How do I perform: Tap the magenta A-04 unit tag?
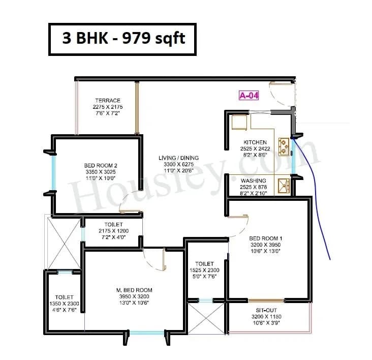[249, 95]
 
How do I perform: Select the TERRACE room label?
[107, 101]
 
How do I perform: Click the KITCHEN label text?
[255, 142]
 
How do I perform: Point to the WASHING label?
[254, 181]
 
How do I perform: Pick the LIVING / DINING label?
[178, 158]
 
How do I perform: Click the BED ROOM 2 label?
[101, 165]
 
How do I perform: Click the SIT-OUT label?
[267, 310]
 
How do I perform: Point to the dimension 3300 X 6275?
[178, 165]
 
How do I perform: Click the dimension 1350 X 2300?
[65, 304]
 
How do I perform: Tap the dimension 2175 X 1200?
[113, 231]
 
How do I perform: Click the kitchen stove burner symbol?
[283, 146]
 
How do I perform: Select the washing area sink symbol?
[283, 185]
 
